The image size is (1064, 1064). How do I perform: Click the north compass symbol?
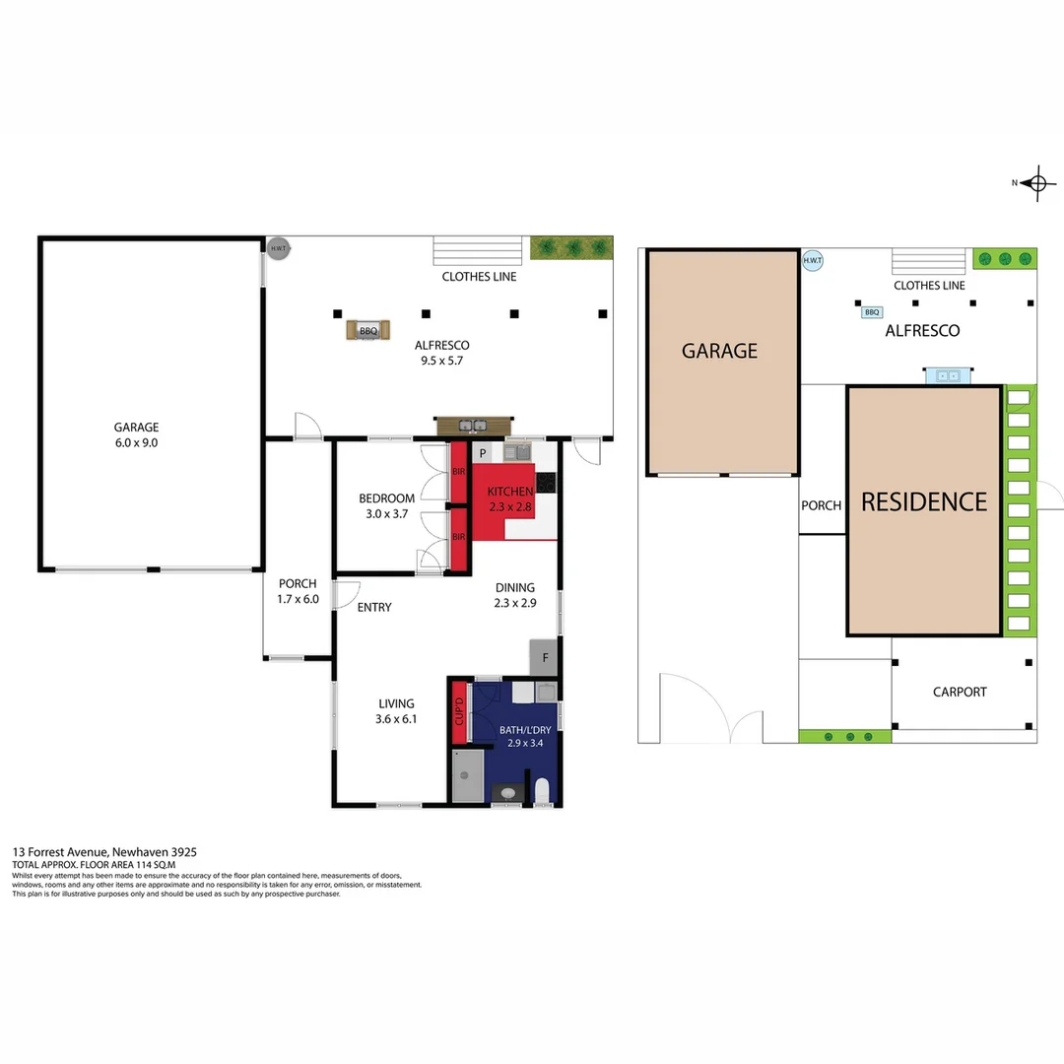[x=1035, y=182]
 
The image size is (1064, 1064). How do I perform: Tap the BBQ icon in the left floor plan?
[x=368, y=331]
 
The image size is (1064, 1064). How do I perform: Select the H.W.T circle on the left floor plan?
[x=279, y=248]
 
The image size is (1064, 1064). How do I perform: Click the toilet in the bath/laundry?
[x=542, y=790]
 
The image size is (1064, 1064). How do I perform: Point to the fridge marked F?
[x=544, y=657]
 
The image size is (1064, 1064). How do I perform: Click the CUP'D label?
[x=458, y=711]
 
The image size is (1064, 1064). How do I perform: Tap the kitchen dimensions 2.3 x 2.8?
[x=509, y=507]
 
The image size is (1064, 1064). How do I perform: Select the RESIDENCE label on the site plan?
[x=923, y=501]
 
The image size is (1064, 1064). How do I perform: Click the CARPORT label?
[x=960, y=692]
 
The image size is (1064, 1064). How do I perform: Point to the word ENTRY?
[x=374, y=607]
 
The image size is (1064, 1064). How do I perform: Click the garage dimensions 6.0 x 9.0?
[x=136, y=442]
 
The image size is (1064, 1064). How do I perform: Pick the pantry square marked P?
[x=483, y=453]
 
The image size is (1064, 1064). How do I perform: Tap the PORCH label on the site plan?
[x=821, y=505]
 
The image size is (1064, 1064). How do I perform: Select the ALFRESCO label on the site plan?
[x=922, y=331]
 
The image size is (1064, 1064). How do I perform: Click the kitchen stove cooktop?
[x=545, y=482]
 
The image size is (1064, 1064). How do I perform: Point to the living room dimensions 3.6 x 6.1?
[x=397, y=719]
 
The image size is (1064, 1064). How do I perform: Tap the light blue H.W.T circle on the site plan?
[x=813, y=261]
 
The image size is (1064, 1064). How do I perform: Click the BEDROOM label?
[x=386, y=499]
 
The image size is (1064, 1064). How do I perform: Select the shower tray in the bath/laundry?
[x=467, y=775]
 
